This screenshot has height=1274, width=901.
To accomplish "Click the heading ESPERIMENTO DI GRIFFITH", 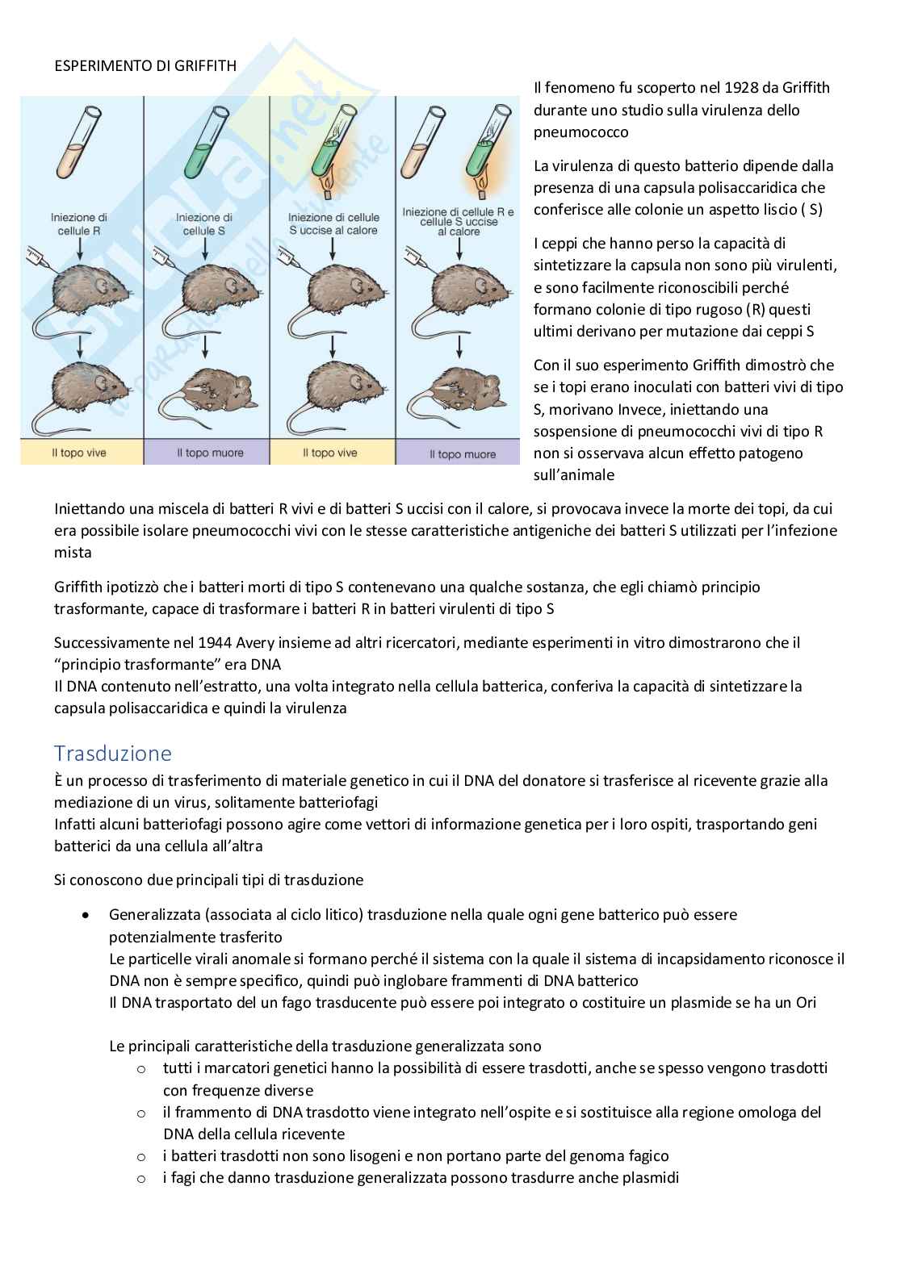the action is (x=145, y=66).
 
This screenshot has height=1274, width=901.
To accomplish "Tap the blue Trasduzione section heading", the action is (x=113, y=753).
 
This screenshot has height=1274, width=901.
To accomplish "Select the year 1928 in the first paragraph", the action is (x=742, y=88).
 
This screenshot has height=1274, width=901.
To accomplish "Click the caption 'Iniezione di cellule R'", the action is (x=78, y=224).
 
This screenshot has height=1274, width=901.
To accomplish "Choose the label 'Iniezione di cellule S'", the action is (x=203, y=224).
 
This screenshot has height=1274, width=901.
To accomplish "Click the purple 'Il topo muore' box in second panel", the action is (x=207, y=453).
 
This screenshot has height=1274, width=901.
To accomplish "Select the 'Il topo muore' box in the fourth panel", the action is (x=459, y=453).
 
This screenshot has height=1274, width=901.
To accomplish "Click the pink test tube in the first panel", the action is (x=79, y=142).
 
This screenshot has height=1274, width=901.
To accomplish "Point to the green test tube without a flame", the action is (x=206, y=142).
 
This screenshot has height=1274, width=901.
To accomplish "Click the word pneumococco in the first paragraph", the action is (x=580, y=132).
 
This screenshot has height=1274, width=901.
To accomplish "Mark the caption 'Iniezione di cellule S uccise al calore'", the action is (x=333, y=224).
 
